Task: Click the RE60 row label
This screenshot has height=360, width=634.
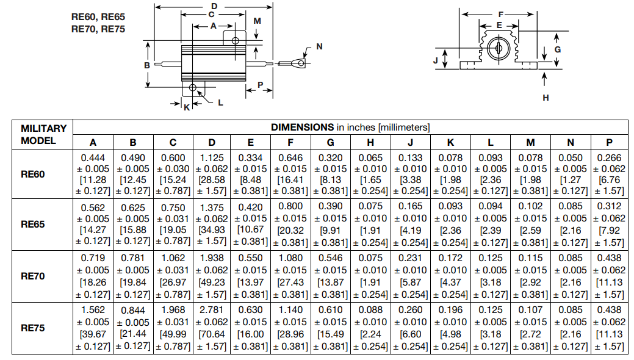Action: [34, 175]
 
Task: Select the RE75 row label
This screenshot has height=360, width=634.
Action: [34, 328]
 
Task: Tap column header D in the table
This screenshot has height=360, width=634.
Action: [212, 142]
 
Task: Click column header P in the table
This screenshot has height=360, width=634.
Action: [609, 142]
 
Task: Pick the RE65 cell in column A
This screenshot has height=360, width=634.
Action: [93, 225]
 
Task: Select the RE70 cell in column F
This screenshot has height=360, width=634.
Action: [290, 276]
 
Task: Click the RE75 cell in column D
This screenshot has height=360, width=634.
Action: [212, 328]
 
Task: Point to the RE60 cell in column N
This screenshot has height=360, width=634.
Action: [570, 175]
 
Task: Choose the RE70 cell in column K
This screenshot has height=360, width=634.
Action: [450, 276]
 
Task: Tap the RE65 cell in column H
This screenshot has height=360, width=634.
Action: [370, 225]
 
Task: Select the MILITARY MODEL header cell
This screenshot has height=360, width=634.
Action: [43, 134]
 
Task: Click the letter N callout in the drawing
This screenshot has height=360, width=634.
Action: [319, 47]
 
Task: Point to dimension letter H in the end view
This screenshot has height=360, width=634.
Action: [546, 97]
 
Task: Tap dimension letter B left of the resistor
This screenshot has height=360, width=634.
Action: [147, 65]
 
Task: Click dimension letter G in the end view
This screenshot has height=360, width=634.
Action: [557, 49]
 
